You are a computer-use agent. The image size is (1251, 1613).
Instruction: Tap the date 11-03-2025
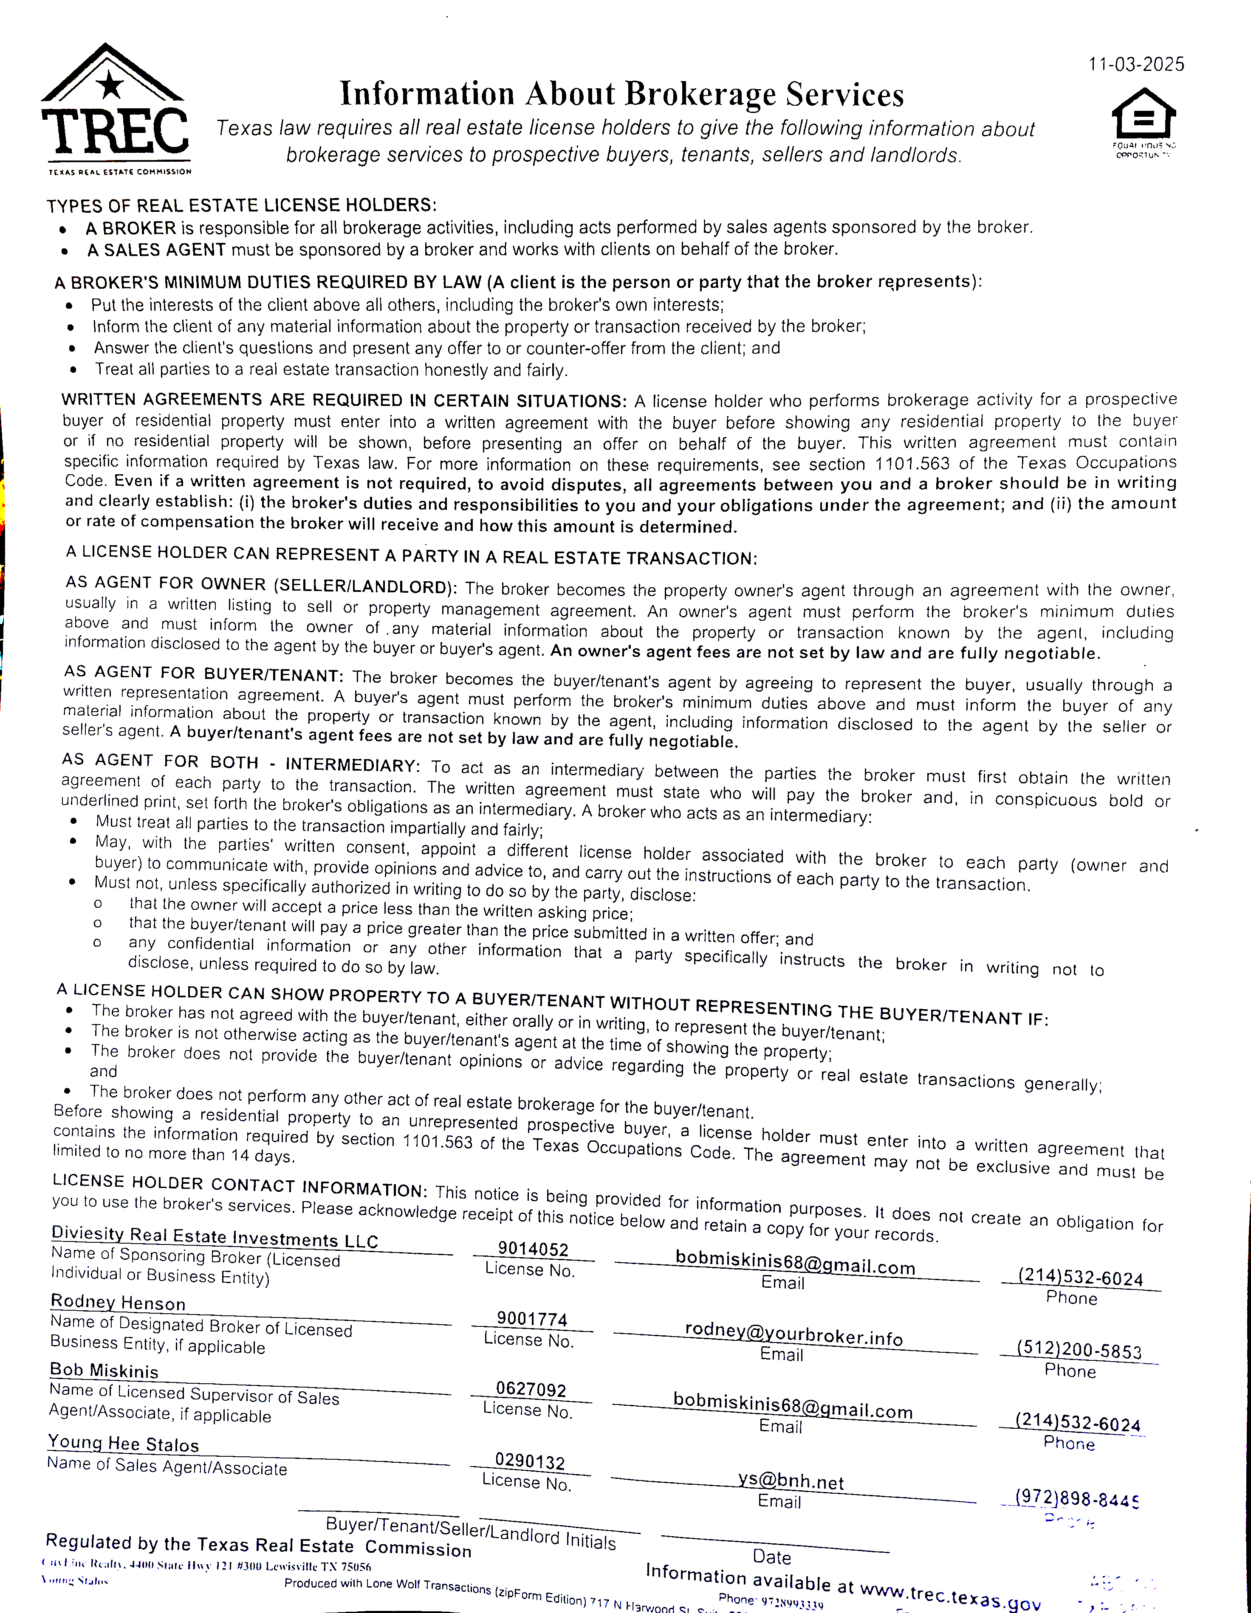1136,65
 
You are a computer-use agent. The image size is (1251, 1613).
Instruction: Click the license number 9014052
533,1249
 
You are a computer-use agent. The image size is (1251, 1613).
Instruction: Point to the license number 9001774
531,1319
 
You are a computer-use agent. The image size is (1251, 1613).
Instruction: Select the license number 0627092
531,1389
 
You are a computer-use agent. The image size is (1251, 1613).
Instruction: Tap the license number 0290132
530,1461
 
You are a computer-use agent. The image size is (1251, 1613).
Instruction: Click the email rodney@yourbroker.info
794,1333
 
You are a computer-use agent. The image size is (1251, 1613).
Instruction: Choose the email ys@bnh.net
790,1480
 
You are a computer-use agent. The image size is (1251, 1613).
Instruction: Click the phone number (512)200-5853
1079,1351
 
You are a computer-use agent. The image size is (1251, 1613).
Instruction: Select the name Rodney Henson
118,1302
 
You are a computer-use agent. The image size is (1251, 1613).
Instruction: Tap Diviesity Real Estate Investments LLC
214,1237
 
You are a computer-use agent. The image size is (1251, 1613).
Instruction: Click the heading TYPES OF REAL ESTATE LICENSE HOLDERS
242,205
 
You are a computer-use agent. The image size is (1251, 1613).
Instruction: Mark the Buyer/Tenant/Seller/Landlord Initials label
471,1532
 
